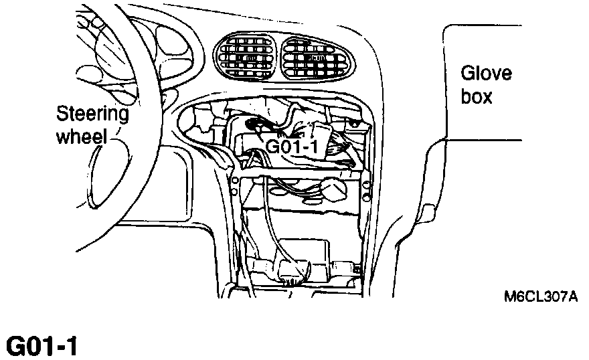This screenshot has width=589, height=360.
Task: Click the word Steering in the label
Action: point(92,113)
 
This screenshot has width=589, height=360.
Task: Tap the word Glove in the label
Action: point(486,73)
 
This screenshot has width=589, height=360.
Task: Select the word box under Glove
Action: point(477,97)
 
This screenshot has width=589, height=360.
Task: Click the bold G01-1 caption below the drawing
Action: point(42,346)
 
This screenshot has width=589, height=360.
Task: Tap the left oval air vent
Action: point(243,58)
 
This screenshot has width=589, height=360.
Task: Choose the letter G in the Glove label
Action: point(467,73)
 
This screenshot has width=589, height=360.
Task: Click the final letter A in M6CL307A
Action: point(572,295)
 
